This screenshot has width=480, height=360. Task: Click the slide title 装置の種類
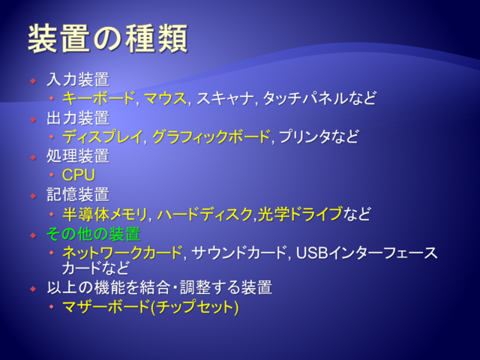tap(108, 39)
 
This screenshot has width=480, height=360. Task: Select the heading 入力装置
tap(78, 79)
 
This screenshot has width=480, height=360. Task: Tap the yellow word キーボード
tap(98, 98)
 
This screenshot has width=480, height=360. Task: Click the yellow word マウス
tap(165, 98)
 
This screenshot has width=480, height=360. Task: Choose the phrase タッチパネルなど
tap(319, 98)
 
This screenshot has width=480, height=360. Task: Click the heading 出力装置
tap(78, 118)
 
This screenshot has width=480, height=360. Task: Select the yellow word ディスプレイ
tap(103, 136)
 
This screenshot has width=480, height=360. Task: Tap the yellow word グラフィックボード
tap(211, 136)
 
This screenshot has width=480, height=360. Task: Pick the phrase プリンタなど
tap(318, 136)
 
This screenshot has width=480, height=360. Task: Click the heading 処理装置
tap(78, 156)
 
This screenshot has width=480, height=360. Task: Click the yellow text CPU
tap(79, 175)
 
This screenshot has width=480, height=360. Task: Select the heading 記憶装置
tap(78, 195)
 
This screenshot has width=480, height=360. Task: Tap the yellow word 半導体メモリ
tap(105, 214)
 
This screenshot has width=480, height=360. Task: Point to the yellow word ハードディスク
tap(205, 214)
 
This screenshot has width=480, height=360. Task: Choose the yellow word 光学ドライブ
tap(300, 214)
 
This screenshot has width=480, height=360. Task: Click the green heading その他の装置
tap(94, 234)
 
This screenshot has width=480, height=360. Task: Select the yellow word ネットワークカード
tap(122, 253)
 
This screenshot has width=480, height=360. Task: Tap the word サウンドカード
tap(238, 253)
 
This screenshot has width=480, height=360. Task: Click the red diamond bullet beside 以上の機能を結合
tap(33, 289)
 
